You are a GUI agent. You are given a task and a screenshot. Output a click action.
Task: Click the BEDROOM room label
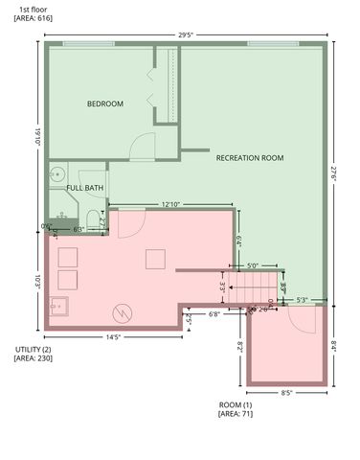(105, 103)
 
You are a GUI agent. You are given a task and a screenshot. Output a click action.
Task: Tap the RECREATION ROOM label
(250, 157)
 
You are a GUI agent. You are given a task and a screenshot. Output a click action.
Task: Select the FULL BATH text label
(84, 188)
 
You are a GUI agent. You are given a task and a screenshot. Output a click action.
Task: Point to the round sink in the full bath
(57, 174)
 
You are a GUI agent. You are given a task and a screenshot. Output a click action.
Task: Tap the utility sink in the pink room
(59, 308)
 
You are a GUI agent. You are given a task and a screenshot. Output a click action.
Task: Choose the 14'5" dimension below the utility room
(114, 337)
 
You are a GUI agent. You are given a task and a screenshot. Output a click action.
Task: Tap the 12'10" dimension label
(172, 204)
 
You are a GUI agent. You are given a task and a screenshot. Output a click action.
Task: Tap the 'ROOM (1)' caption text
(236, 404)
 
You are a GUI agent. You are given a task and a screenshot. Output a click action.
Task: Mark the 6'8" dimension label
(214, 313)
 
